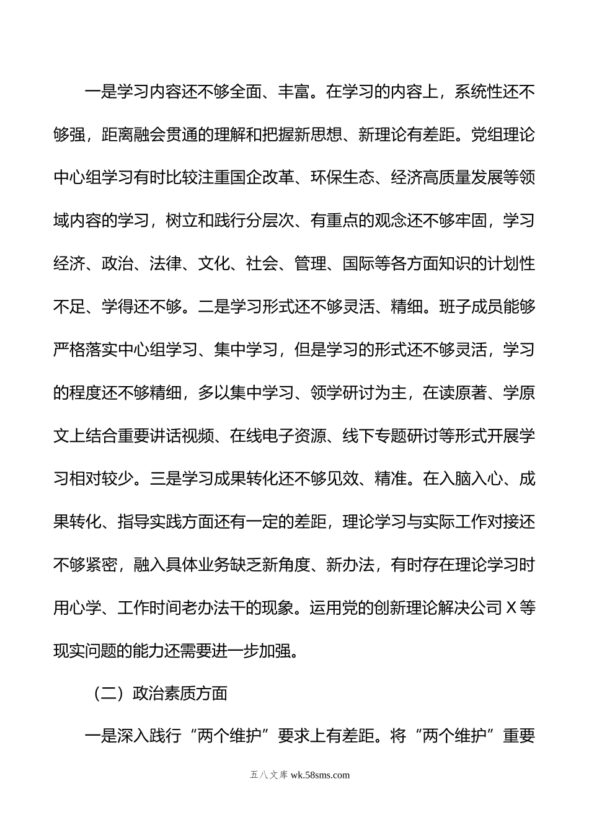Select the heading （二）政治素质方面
coord(157,694)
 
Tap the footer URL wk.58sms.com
coord(319,775)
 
